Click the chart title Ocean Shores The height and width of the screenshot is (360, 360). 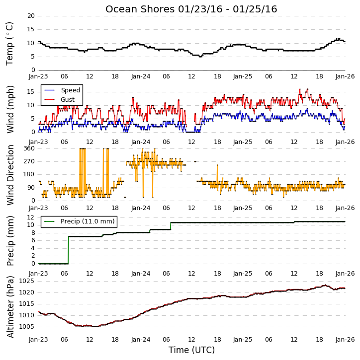pyautogui.click(x=140, y=9)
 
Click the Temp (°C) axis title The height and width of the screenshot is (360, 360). pyautogui.click(x=9, y=44)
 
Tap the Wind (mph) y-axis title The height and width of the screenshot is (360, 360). pyautogui.click(x=10, y=109)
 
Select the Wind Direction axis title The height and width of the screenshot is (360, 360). pyautogui.click(x=10, y=175)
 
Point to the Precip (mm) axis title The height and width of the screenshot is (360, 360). pyautogui.click(x=10, y=241)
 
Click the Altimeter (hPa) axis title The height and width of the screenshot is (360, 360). pyautogui.click(x=10, y=307)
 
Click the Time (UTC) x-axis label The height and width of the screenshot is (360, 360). pyautogui.click(x=191, y=350)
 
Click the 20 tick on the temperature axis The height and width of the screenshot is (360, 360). pyautogui.click(x=31, y=16)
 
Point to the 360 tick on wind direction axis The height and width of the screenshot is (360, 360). pyautogui.click(x=29, y=148)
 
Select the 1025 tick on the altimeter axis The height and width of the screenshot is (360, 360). pyautogui.click(x=27, y=281)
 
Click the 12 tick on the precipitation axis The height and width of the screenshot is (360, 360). pyautogui.click(x=31, y=217)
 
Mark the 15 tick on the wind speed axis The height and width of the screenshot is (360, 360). pyautogui.click(x=31, y=92)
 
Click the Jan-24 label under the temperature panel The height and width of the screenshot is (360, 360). pyautogui.click(x=141, y=76)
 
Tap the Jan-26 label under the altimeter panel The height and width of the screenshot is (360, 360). pyautogui.click(x=345, y=340)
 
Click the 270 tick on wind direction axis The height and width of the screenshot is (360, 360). pyautogui.click(x=29, y=161)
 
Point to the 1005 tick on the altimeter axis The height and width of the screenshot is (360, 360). pyautogui.click(x=27, y=326)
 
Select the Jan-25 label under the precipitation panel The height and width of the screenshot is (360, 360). pyautogui.click(x=243, y=274)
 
